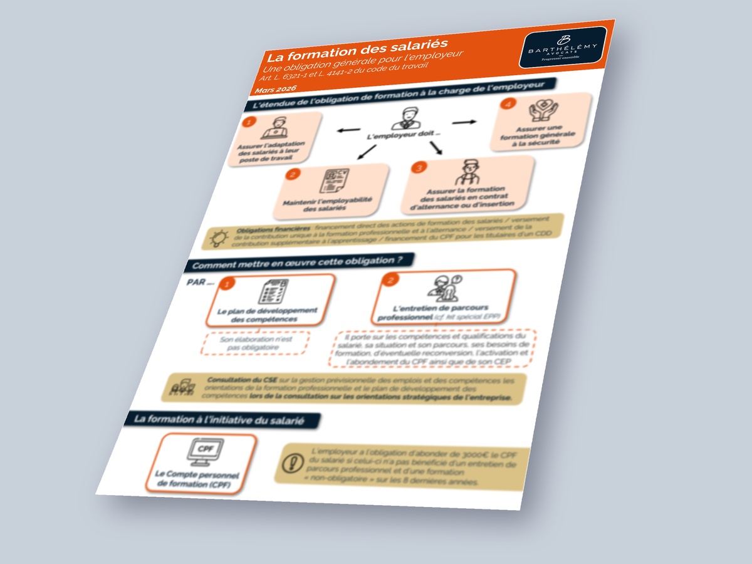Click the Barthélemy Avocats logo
click(x=562, y=47)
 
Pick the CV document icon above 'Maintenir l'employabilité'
click(x=334, y=180)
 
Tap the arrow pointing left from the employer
click(x=346, y=130)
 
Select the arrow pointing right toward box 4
click(x=464, y=122)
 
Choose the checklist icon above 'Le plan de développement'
click(x=273, y=292)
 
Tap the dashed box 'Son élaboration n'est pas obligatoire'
click(x=256, y=343)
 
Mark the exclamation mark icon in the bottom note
click(x=291, y=463)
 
